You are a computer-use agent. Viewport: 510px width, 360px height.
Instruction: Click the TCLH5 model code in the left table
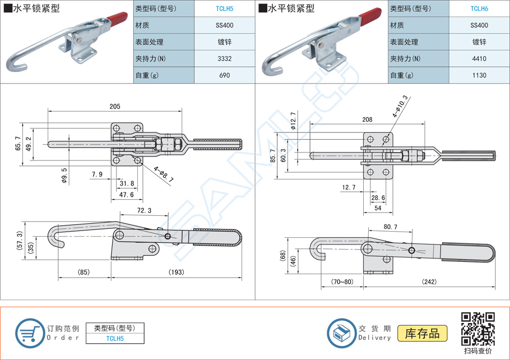click(x=225, y=8)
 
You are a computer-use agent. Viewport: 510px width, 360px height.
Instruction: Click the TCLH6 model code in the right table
click(x=479, y=8)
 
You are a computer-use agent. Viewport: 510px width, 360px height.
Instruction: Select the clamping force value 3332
click(x=225, y=58)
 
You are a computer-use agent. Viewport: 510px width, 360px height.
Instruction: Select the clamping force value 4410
click(x=479, y=58)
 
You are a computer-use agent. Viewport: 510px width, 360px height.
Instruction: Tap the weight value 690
click(x=225, y=75)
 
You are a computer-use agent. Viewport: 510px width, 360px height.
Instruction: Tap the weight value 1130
click(x=479, y=75)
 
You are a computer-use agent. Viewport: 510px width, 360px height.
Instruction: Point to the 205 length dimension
click(x=115, y=107)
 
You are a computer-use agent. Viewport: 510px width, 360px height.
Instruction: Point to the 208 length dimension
click(x=368, y=119)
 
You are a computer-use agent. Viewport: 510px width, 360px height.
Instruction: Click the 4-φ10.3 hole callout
click(x=401, y=106)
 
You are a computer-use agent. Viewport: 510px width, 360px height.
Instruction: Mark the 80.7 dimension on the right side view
click(x=391, y=227)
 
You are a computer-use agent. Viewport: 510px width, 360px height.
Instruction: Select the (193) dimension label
click(x=176, y=273)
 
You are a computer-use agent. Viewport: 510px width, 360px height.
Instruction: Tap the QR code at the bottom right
click(x=477, y=329)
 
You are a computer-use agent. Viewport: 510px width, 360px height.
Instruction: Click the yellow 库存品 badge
click(x=423, y=333)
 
